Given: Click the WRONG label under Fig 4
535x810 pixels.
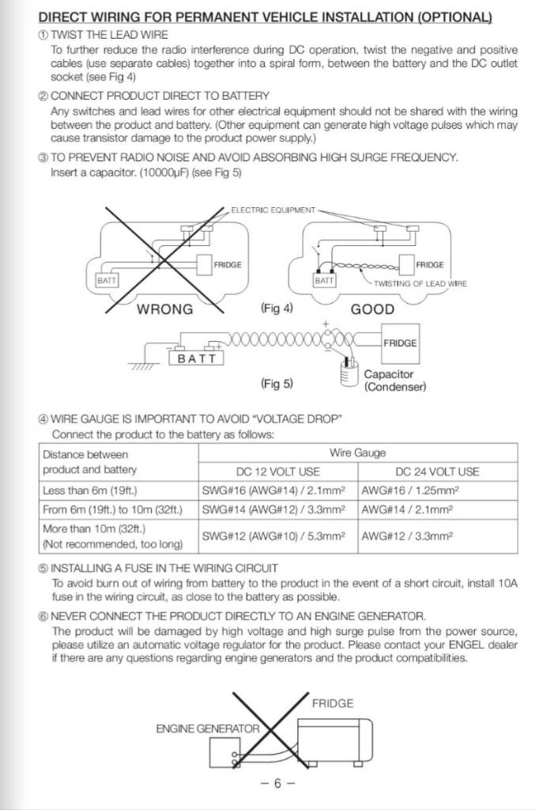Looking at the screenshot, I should click(165, 309).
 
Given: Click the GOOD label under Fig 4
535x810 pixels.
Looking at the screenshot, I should click(372, 309).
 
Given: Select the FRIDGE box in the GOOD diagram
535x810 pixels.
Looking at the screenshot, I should click(429, 264).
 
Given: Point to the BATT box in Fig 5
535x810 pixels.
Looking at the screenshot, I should click(197, 358).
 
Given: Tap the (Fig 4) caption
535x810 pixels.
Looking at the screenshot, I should click(276, 308).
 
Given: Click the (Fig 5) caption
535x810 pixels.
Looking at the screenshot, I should click(277, 384).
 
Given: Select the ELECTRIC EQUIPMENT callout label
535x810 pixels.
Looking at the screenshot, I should click(273, 210).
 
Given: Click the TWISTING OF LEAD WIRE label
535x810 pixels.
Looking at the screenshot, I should click(420, 284).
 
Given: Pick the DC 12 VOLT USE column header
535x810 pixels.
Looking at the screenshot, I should click(278, 471).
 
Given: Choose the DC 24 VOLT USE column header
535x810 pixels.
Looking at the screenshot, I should click(437, 471).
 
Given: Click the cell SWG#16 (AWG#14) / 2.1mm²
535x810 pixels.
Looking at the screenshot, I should click(278, 490).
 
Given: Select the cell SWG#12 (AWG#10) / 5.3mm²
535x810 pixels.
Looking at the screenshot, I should click(278, 536).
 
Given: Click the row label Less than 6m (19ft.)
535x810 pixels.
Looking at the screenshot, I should click(96, 490).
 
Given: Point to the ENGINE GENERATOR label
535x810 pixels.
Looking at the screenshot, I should click(208, 729).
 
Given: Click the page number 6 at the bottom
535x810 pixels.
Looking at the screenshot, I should click(277, 783).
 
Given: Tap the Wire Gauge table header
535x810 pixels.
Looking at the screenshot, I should click(357, 453).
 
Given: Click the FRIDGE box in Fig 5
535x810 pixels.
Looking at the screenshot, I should click(400, 343).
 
